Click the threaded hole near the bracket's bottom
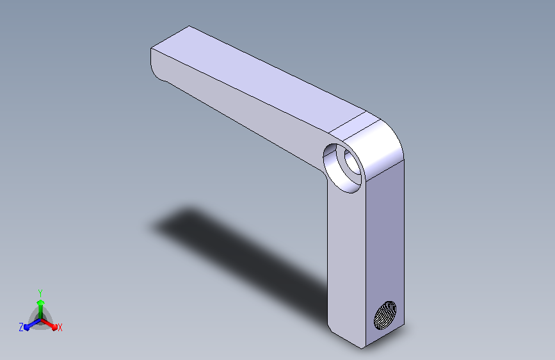click(385, 315)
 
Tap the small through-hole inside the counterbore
click(353, 162)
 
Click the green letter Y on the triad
click(40, 293)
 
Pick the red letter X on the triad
click(60, 328)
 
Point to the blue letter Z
click(21, 327)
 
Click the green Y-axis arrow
click(41, 309)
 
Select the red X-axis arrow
click(49, 324)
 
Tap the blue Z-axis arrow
click(33, 324)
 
